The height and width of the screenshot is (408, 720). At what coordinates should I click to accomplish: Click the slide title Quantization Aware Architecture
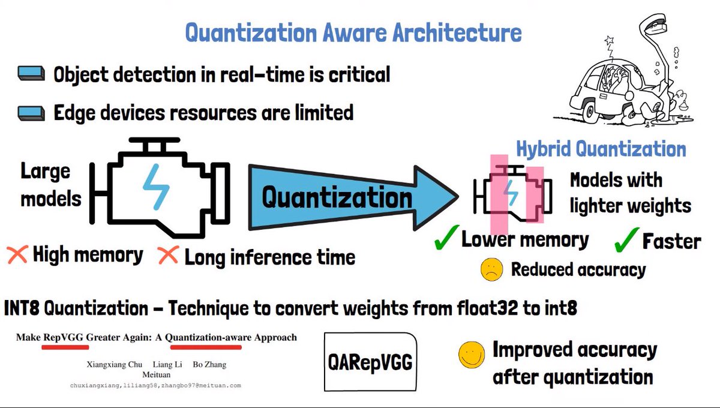coord(353,32)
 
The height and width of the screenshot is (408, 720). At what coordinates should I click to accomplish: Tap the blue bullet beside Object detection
coord(31,74)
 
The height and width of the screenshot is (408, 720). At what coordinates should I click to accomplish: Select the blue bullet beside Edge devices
coord(31,112)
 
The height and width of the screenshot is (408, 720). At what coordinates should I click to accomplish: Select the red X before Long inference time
coord(168,256)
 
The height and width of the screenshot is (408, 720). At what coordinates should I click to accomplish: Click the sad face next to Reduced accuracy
coord(491,269)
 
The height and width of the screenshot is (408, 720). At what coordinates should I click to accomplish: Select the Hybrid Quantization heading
coord(601,149)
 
